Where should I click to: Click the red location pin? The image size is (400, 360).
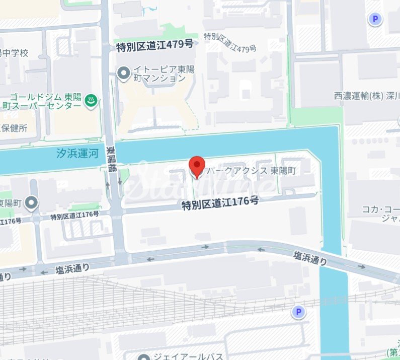tap(196, 166)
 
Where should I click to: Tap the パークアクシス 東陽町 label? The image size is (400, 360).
tap(251, 171)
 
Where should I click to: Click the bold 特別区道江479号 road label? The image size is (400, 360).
tap(154, 45)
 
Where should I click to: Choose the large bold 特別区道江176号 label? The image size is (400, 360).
tap(220, 203)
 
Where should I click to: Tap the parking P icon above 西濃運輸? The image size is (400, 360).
tap(375, 20)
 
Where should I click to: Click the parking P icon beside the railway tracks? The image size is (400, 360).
tap(299, 313)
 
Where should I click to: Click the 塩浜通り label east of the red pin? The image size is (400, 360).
tap(310, 258)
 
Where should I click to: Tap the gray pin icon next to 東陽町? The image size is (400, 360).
tap(32, 203)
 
